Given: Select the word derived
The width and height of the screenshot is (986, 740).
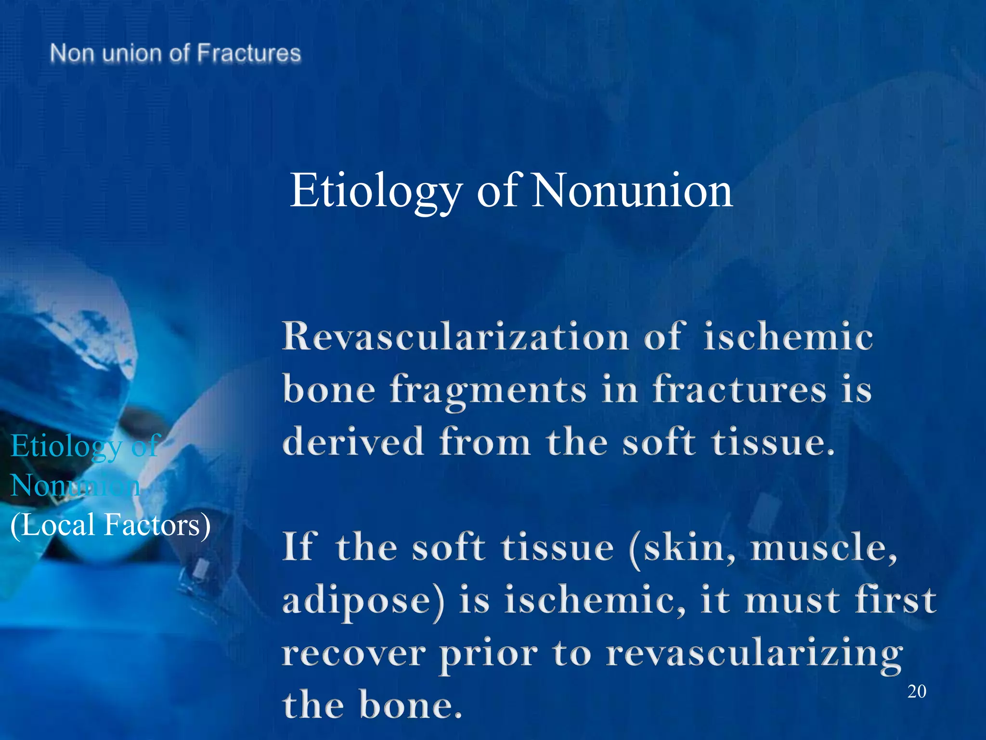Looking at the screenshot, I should (x=353, y=442).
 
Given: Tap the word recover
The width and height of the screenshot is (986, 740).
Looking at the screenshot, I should (x=354, y=654).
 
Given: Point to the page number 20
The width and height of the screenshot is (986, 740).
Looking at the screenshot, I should (x=917, y=691).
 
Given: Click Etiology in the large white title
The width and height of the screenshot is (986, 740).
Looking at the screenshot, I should (x=376, y=191).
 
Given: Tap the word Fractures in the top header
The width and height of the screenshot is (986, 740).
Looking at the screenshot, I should (x=249, y=53).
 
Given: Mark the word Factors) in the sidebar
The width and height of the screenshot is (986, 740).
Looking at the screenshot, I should (x=157, y=525).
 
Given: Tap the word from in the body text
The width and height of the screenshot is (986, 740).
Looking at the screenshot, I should (x=485, y=442).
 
